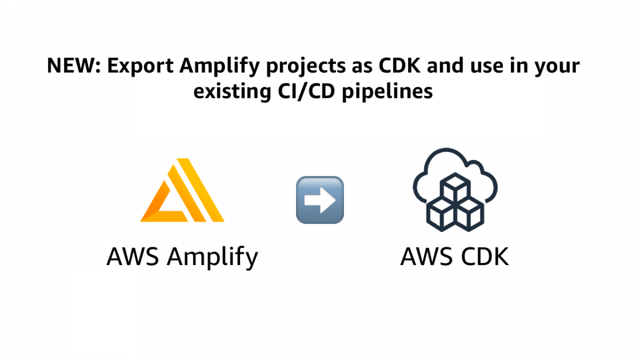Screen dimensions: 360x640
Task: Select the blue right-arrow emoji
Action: [x=320, y=199]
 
